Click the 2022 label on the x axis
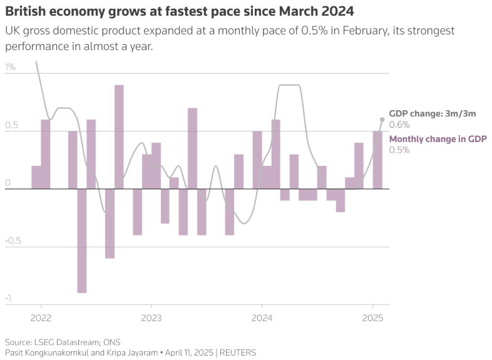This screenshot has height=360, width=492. click(41, 317)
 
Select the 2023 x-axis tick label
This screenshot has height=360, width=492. click(151, 317)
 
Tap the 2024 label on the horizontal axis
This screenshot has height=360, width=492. click(262, 317)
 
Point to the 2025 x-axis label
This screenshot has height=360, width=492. click(372, 317)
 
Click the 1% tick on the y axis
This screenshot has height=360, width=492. click(11, 67)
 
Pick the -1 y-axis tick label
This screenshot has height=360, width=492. click(8, 298)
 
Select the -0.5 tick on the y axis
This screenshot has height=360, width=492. click(13, 240)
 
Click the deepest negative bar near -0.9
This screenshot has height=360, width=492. click(82, 240)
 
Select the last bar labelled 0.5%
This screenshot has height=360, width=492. click(377, 160)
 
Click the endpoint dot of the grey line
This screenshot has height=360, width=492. click(382, 119)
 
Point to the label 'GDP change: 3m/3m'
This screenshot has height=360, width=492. click(433, 113)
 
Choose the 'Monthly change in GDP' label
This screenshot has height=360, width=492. click(438, 139)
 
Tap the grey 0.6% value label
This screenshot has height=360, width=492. click(399, 125)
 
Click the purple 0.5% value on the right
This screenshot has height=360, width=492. click(399, 150)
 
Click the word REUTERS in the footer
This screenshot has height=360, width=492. click(238, 352)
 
